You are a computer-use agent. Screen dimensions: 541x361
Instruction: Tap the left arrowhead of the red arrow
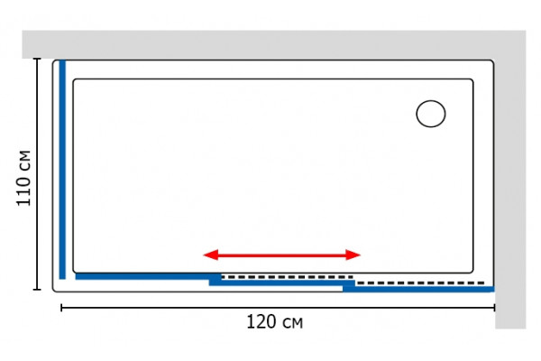210,255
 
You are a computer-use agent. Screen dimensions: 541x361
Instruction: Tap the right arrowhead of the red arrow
353,255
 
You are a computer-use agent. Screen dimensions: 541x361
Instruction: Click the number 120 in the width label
261,322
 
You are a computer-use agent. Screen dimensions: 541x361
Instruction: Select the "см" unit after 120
293,324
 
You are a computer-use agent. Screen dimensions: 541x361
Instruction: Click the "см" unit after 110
25,161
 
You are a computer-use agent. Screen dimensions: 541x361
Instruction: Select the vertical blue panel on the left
62,170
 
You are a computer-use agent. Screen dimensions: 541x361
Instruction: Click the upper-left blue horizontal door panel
149,276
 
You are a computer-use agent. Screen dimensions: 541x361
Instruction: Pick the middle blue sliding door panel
282,282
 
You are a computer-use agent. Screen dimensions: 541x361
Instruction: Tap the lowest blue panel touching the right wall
418,289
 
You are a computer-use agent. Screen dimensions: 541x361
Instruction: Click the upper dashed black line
288,277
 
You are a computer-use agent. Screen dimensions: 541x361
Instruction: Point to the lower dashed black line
420,282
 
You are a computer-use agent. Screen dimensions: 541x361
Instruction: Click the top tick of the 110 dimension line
37,59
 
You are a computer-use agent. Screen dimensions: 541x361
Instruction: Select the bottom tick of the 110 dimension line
37,289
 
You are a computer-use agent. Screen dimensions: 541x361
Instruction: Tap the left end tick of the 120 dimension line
61,308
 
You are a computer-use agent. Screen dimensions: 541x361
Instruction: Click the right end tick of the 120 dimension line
494,308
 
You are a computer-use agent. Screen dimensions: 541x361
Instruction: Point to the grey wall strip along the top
274,44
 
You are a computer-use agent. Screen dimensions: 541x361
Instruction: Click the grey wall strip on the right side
510,193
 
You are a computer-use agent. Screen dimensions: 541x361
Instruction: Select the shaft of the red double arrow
282,255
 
